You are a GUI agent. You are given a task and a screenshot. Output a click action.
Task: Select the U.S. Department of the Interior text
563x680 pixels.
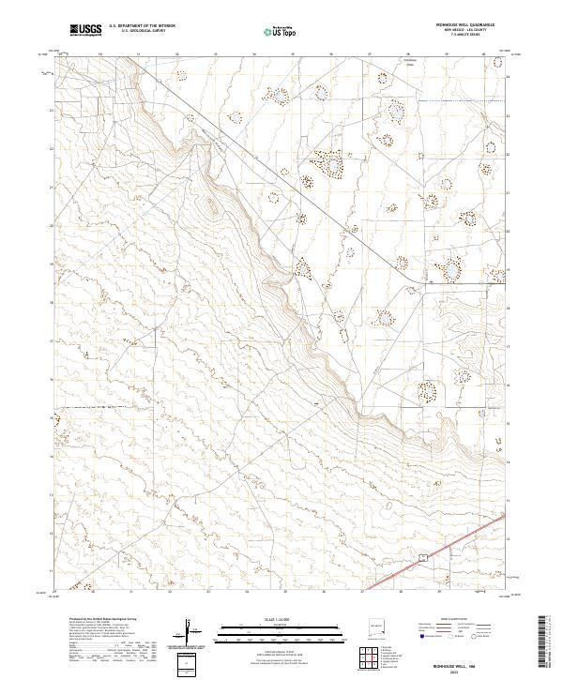(142, 26)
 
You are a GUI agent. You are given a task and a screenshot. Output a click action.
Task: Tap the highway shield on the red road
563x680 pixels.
(423, 557)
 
